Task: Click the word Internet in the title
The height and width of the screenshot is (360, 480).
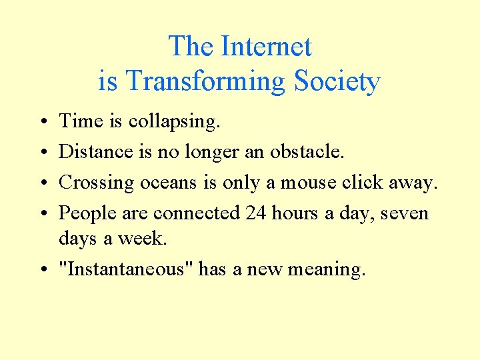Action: click(265, 47)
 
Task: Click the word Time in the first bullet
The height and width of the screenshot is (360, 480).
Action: click(81, 121)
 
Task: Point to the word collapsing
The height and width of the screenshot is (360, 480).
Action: click(175, 122)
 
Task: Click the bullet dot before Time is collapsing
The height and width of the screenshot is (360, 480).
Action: click(42, 122)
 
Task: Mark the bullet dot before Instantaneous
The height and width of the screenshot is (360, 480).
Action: click(42, 269)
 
